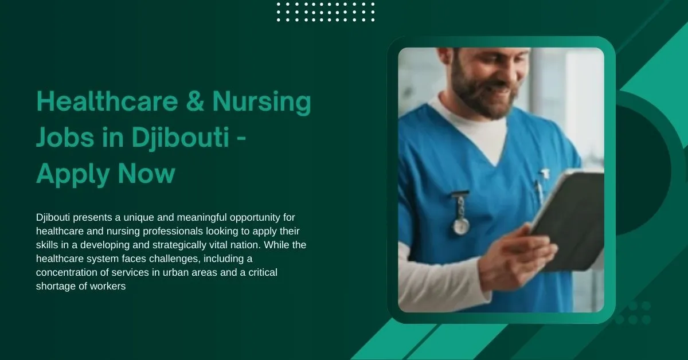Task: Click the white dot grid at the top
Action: coord(326,11)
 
